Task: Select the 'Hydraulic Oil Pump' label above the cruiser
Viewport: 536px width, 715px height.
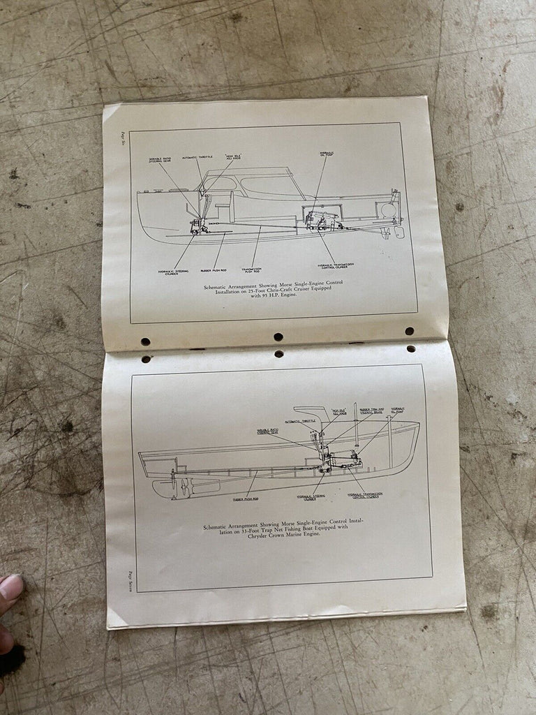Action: tap(326, 154)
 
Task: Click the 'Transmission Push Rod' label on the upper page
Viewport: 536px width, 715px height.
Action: tap(251, 270)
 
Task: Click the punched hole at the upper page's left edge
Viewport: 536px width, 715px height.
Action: tap(145, 342)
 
